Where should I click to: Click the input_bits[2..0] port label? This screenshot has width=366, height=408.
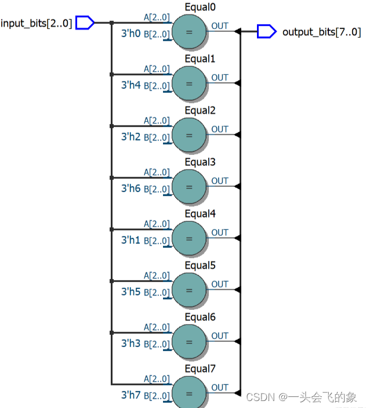tap(37, 23)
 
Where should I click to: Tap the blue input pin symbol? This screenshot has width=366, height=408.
tap(85, 23)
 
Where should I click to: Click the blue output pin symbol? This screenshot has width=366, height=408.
tap(266, 31)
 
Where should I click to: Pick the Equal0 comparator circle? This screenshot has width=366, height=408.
tap(189, 32)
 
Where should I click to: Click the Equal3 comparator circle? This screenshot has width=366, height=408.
tap(189, 187)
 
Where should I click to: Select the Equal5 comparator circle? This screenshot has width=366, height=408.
tap(189, 290)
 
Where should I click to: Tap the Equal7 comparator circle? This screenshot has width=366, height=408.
tap(189, 392)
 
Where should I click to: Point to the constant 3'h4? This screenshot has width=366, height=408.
tap(131, 85)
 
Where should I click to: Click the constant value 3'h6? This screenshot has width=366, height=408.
tap(131, 189)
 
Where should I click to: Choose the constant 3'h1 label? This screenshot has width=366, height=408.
tap(131, 240)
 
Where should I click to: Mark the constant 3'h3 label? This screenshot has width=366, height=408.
tap(131, 343)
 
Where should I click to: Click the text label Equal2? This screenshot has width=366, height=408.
tap(200, 110)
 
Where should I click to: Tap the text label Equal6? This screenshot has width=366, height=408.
tap(200, 317)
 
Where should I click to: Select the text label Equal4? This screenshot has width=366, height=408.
tap(200, 214)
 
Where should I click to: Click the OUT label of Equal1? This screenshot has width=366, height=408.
tap(220, 78)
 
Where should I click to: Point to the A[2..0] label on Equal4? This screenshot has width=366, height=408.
tap(157, 224)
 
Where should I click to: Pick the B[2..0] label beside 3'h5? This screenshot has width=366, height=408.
tap(156, 292)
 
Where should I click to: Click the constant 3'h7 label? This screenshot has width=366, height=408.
tap(131, 395)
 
